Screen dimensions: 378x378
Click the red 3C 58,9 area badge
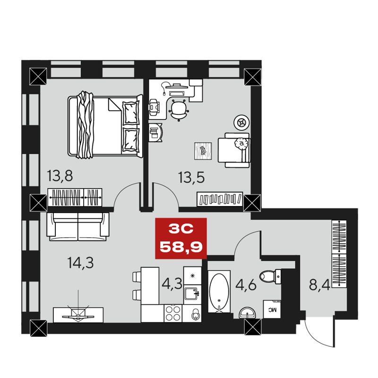pos(181,239)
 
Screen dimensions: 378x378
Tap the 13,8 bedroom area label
pos(60,176)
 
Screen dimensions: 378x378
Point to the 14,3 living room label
pos(80,263)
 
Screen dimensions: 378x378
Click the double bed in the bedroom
pos(105,125)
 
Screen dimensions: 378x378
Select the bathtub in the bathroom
pos(219,292)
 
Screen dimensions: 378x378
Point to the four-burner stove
pos(173,312)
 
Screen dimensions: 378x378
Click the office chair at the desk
pos(179,110)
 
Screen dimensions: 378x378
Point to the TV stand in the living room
pos(77,313)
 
